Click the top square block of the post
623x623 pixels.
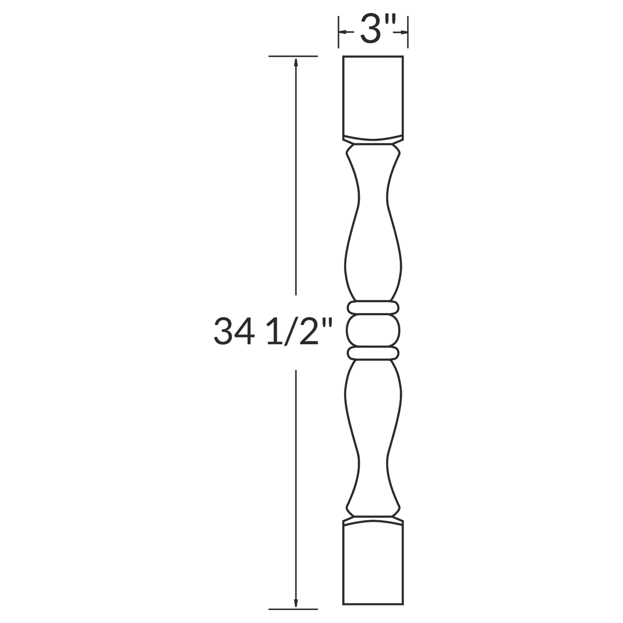(x=373, y=96)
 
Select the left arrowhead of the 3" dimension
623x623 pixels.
(x=342, y=32)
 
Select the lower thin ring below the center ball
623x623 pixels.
(x=373, y=354)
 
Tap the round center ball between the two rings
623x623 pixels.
(x=373, y=331)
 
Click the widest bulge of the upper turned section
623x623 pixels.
(x=373, y=262)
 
